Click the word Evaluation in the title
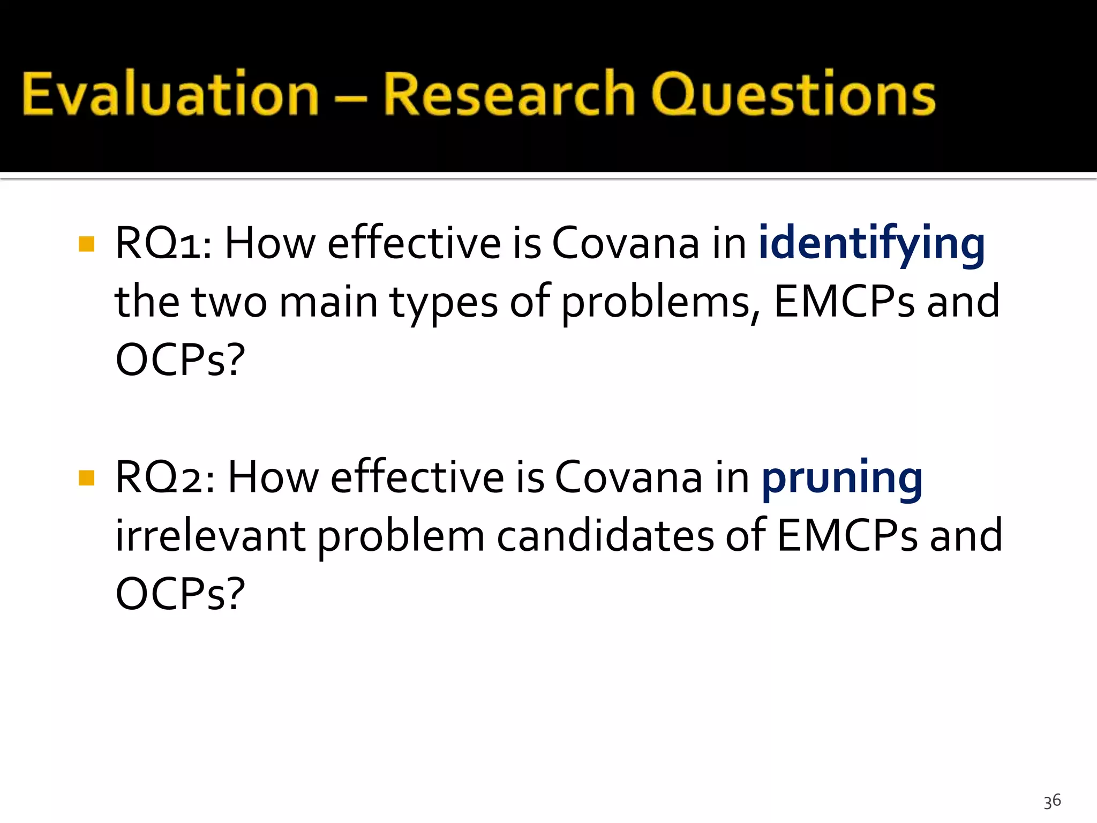(x=170, y=94)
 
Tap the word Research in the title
(x=509, y=94)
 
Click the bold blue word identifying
(x=871, y=244)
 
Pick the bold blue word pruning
(x=841, y=478)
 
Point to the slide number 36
(x=1052, y=801)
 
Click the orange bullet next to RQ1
(x=86, y=244)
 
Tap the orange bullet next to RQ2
(x=86, y=477)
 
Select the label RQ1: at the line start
(x=163, y=244)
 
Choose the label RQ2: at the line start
(x=165, y=477)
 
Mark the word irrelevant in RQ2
(x=210, y=536)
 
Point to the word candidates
(x=605, y=536)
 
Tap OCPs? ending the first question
(x=180, y=360)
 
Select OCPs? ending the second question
(x=180, y=594)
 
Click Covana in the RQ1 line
(x=625, y=244)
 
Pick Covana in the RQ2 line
(x=628, y=477)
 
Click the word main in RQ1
(x=328, y=303)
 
